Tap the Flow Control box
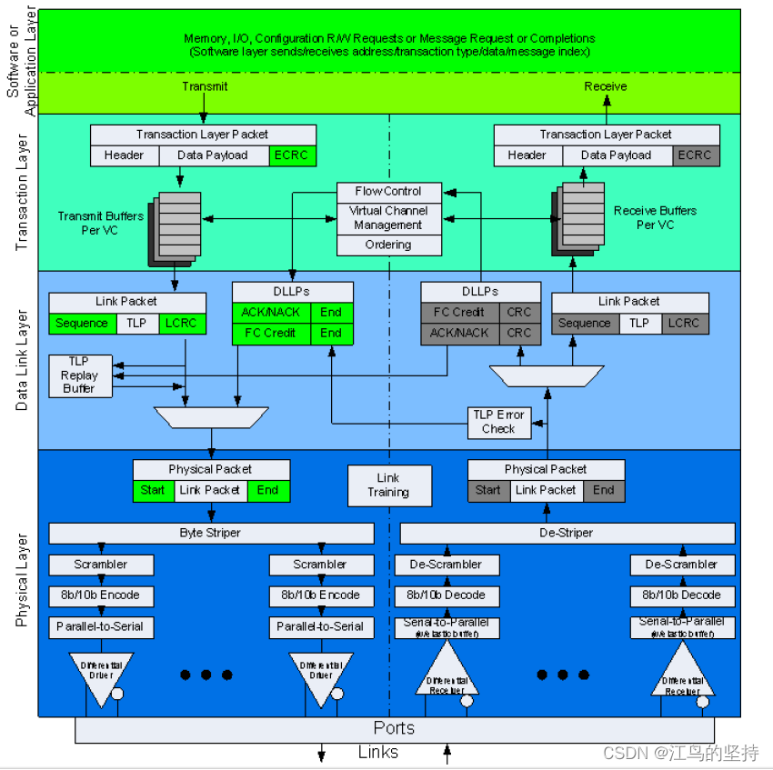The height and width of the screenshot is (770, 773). (x=388, y=192)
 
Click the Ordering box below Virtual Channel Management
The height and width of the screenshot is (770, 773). (x=388, y=245)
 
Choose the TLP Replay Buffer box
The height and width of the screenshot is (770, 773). (x=79, y=375)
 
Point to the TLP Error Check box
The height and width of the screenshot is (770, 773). (x=498, y=422)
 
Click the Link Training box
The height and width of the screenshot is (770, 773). (x=388, y=485)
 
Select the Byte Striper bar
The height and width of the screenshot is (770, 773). (x=211, y=534)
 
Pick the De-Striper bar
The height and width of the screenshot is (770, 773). (x=567, y=534)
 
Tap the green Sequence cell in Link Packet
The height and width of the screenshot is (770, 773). (x=82, y=323)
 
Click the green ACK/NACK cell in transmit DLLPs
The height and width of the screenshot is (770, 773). (x=271, y=312)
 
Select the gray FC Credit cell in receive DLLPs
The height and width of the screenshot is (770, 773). (x=458, y=312)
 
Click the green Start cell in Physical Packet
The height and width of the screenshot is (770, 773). (x=153, y=490)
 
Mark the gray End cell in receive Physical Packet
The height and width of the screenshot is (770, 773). (x=604, y=490)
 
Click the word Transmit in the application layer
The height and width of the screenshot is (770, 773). (x=205, y=86)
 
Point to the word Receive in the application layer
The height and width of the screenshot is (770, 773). (x=605, y=86)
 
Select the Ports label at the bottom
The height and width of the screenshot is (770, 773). (x=394, y=728)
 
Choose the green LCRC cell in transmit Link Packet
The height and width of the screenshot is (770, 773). (x=182, y=323)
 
